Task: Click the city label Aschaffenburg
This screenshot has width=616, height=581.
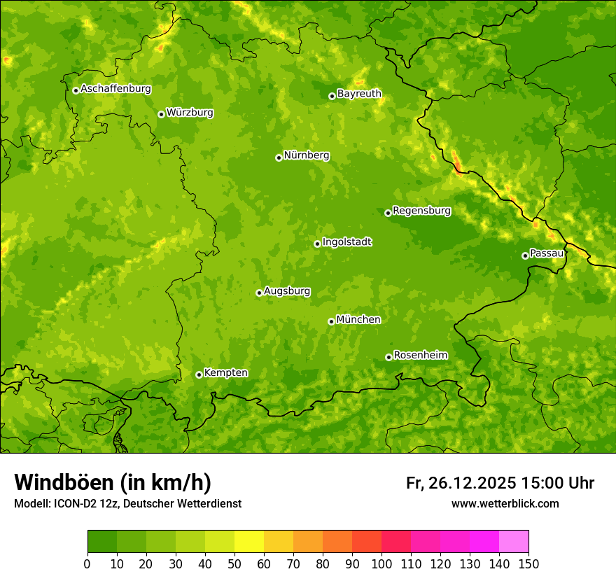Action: tap(115, 89)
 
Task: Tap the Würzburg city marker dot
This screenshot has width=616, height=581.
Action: tap(161, 114)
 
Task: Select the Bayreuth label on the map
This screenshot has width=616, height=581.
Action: tap(359, 93)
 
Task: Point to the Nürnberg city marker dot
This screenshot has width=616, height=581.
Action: tap(279, 157)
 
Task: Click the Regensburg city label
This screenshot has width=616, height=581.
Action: tap(421, 210)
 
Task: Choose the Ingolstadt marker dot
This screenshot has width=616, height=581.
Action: tap(317, 244)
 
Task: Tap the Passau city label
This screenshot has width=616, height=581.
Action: tap(547, 253)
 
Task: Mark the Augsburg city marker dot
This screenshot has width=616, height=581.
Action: tap(259, 293)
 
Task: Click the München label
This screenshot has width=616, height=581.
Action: tap(358, 319)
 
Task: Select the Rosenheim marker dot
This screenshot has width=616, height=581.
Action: tap(388, 357)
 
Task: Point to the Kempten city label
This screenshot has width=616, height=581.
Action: tap(225, 372)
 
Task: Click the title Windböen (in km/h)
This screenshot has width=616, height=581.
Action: tap(113, 482)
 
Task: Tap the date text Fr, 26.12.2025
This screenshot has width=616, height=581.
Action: tap(461, 483)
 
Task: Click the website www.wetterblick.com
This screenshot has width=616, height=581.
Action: tap(505, 504)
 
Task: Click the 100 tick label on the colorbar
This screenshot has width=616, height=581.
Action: tap(381, 564)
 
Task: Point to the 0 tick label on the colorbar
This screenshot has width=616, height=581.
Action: tap(87, 564)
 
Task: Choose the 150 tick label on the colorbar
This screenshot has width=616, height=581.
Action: tap(528, 564)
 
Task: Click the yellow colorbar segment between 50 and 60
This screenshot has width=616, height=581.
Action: tap(249, 542)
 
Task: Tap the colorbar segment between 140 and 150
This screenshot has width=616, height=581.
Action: tap(514, 542)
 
